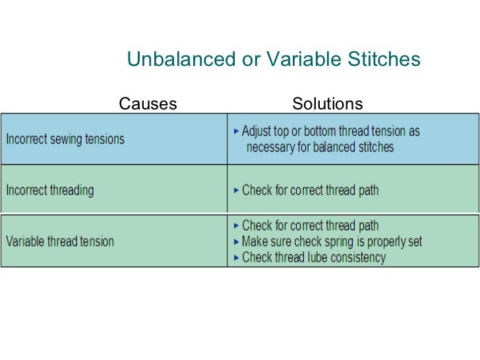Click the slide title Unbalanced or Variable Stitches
click(x=273, y=60)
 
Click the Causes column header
click(x=148, y=104)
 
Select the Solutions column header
click(x=327, y=104)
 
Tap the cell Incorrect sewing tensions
click(x=65, y=139)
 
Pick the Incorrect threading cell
click(x=50, y=191)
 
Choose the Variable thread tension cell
click(x=60, y=241)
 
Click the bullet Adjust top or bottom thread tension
click(x=330, y=131)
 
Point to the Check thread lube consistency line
click(x=313, y=257)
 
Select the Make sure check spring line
click(x=332, y=241)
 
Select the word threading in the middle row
click(x=70, y=191)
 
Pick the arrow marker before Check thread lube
click(x=237, y=257)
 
